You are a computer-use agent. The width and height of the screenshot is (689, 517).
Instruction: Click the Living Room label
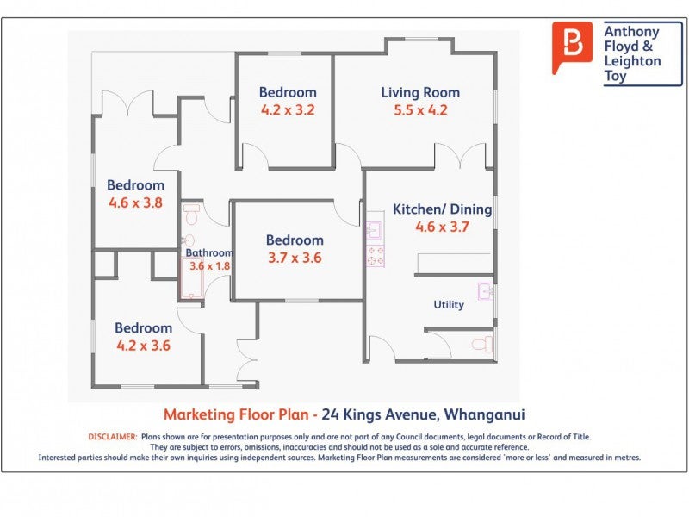[x=420, y=92]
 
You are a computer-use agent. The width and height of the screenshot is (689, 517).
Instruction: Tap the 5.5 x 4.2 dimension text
[x=420, y=110]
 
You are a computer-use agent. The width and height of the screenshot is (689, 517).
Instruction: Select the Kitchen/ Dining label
[x=442, y=209]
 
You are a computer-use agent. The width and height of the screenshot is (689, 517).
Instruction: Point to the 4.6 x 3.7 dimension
[x=442, y=227]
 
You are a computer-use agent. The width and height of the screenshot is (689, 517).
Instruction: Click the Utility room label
[x=449, y=304]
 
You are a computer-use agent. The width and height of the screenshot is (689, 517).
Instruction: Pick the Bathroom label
[x=209, y=253]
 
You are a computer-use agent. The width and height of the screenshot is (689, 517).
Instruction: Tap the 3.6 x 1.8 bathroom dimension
[x=210, y=266]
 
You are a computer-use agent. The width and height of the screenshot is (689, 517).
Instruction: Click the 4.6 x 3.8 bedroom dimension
[x=135, y=203]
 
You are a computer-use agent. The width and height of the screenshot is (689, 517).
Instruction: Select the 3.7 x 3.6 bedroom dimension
[x=294, y=258]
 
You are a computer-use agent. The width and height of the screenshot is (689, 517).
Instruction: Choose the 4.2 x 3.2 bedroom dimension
[x=288, y=110]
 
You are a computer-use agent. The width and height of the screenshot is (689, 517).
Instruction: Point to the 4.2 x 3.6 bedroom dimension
[x=143, y=346]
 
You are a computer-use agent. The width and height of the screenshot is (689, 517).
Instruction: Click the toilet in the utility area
[x=483, y=345]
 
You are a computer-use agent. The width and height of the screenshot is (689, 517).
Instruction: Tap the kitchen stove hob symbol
[x=375, y=256]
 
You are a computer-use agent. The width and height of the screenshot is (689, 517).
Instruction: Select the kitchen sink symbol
[x=374, y=230]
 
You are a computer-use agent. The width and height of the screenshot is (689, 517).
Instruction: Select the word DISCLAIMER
[x=113, y=437]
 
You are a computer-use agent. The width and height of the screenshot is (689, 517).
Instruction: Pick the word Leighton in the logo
[x=633, y=62]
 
